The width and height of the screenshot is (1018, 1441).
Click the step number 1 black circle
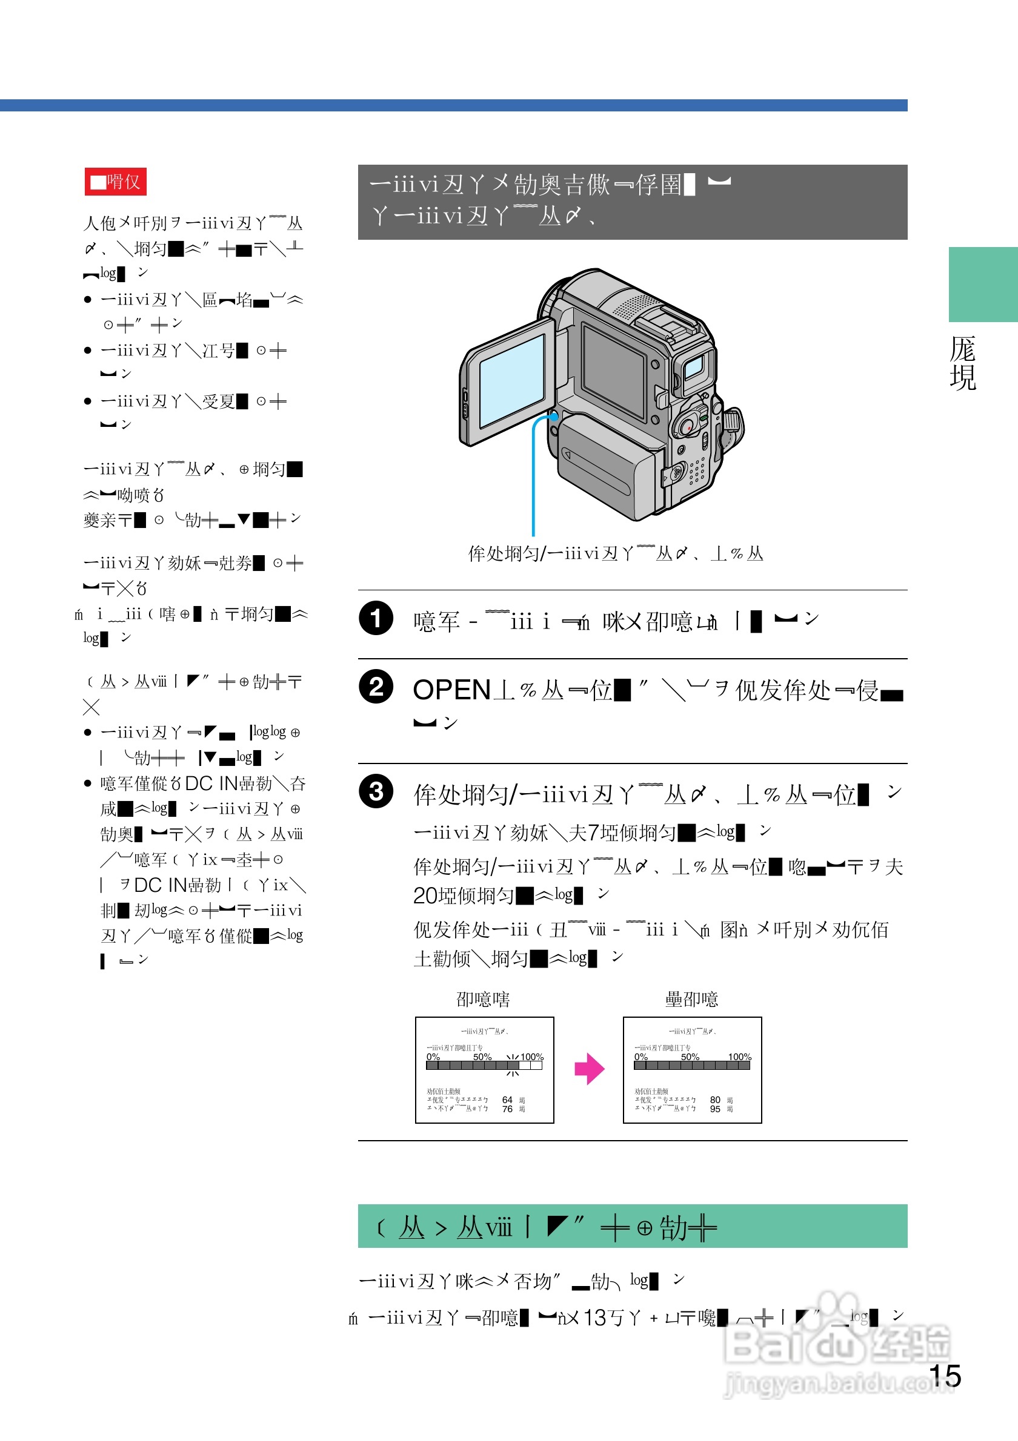point(376,618)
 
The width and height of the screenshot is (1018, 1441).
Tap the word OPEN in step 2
point(451,690)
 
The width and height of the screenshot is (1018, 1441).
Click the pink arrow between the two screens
point(589,1069)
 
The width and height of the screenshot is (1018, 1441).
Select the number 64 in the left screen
point(507,1100)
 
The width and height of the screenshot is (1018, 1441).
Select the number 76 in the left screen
point(507,1109)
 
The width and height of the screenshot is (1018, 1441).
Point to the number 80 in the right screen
point(714,1100)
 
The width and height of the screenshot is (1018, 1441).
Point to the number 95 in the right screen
point(714,1109)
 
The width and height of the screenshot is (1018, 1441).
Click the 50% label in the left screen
point(482,1057)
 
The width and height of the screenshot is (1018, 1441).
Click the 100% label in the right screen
point(739,1057)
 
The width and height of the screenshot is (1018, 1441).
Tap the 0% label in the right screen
point(640,1057)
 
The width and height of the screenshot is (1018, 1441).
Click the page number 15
point(945,1376)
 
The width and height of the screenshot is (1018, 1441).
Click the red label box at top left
point(116,182)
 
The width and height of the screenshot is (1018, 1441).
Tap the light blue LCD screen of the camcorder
point(511,380)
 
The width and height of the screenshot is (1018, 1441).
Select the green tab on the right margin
point(982,285)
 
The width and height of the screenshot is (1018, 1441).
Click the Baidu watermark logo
point(835,1343)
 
